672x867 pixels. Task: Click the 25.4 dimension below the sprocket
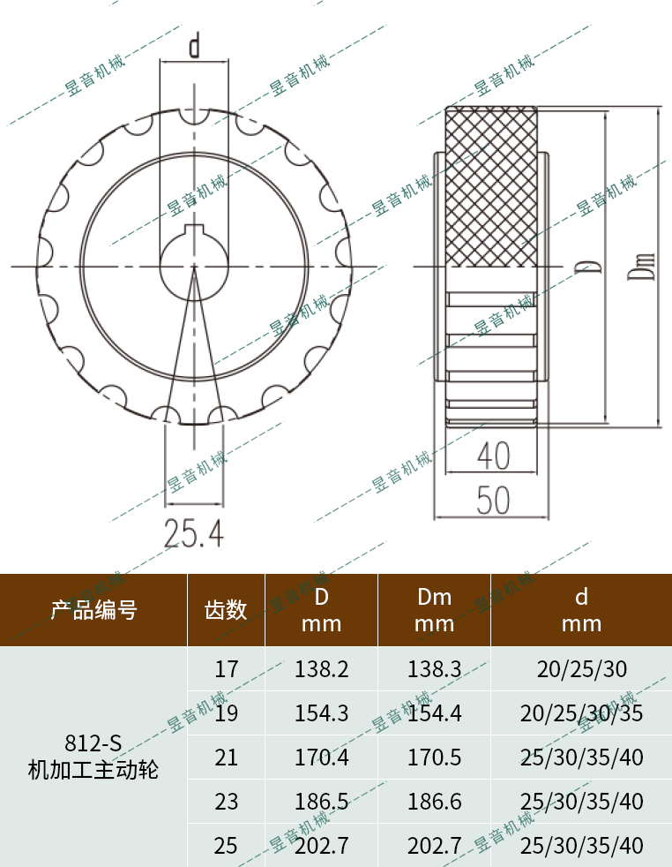pyautogui.click(x=194, y=532)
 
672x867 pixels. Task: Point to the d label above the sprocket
pyautogui.click(x=194, y=45)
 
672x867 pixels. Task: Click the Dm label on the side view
pyautogui.click(x=646, y=266)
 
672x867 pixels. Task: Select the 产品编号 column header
pyautogui.click(x=93, y=610)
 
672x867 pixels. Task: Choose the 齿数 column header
pyautogui.click(x=226, y=610)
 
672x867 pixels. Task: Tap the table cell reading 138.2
pyautogui.click(x=321, y=669)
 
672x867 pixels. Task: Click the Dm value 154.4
pyautogui.click(x=434, y=713)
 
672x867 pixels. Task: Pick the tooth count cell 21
pyautogui.click(x=226, y=758)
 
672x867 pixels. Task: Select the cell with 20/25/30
pyautogui.click(x=581, y=669)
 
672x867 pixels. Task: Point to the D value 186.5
pyautogui.click(x=321, y=802)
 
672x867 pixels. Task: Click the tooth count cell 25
pyautogui.click(x=226, y=846)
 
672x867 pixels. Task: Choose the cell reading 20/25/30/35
pyautogui.click(x=581, y=713)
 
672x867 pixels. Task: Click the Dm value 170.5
pyautogui.click(x=434, y=758)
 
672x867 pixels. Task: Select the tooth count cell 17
pyautogui.click(x=226, y=669)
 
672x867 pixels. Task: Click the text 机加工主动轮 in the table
pyautogui.click(x=93, y=770)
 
